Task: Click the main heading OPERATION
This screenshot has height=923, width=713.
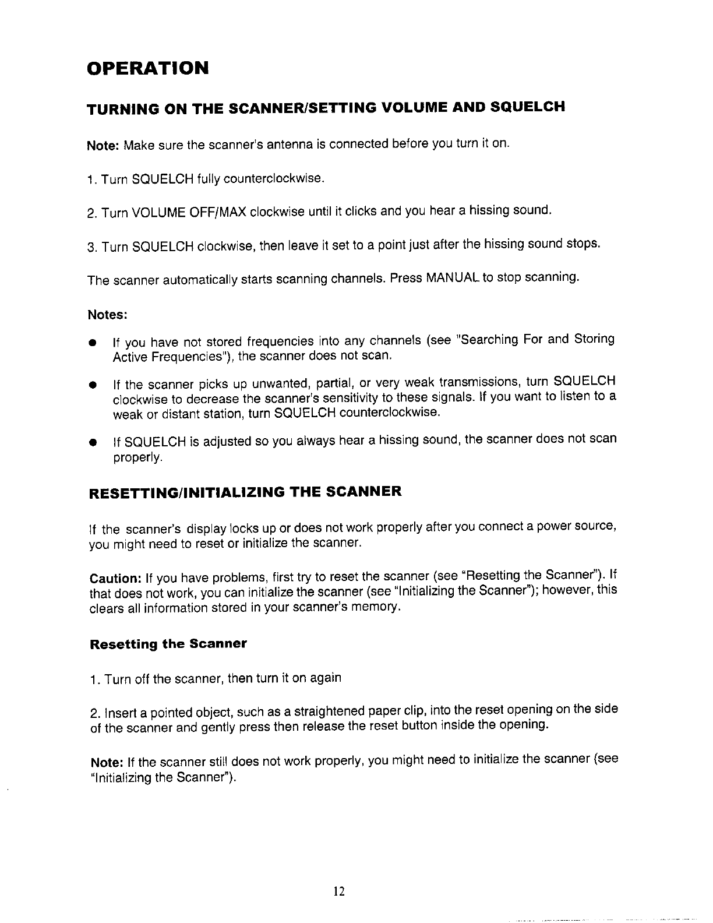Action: click(147, 68)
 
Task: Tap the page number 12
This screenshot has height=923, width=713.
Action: click(340, 892)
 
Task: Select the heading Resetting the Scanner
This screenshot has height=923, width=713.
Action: click(168, 644)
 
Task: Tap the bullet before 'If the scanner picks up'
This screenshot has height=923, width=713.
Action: click(92, 385)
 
